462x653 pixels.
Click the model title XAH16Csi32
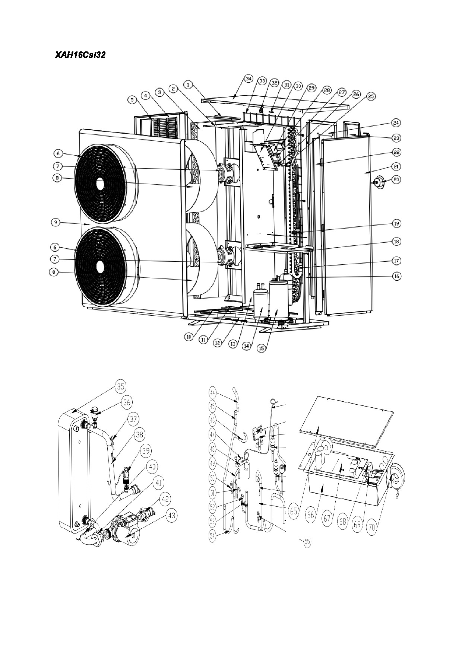pos(80,55)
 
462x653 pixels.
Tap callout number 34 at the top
pos(249,79)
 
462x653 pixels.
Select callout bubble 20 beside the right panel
pos(396,179)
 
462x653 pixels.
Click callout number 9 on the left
pos(55,222)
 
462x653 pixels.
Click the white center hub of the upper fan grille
pos(100,184)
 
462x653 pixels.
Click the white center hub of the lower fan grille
pos(100,267)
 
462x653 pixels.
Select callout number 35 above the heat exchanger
pos(120,387)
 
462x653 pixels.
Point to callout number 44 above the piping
pos(213,393)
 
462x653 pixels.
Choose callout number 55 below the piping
pos(307,542)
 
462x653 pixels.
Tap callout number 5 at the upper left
pos(132,99)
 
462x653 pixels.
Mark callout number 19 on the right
pos(396,224)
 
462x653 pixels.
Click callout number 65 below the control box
pos(294,511)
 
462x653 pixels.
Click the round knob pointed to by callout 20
pos(379,182)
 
